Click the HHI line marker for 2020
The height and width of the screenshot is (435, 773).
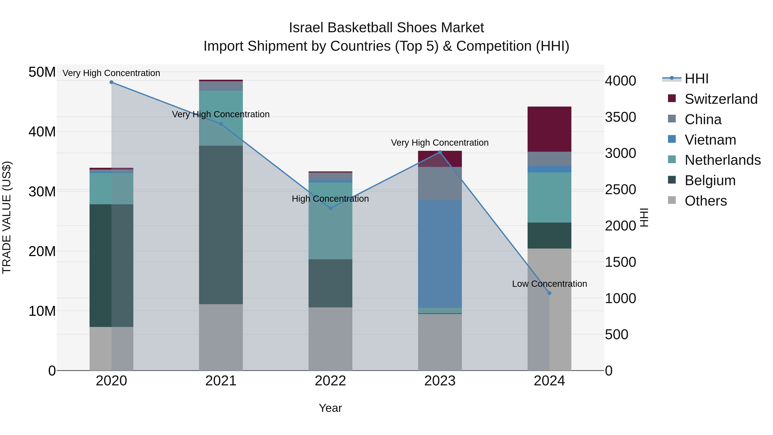pos(111,82)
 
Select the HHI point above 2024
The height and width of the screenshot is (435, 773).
pos(549,293)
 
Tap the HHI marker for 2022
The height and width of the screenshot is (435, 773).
pos(330,208)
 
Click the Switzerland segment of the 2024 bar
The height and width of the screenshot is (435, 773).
pos(549,129)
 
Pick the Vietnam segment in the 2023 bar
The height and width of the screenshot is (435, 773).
pos(440,254)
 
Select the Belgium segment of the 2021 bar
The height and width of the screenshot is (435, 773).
pos(221,225)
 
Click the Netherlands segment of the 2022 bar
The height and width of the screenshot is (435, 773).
pos(330,221)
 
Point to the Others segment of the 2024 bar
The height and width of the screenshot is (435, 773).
pos(549,309)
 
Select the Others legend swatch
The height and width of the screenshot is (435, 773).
pos(672,200)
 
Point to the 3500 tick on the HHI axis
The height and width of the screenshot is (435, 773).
pos(620,117)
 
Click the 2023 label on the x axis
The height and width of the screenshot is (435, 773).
pos(440,381)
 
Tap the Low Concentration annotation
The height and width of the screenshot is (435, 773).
pos(549,284)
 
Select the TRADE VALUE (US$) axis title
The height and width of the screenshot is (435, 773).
pos(7,217)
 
